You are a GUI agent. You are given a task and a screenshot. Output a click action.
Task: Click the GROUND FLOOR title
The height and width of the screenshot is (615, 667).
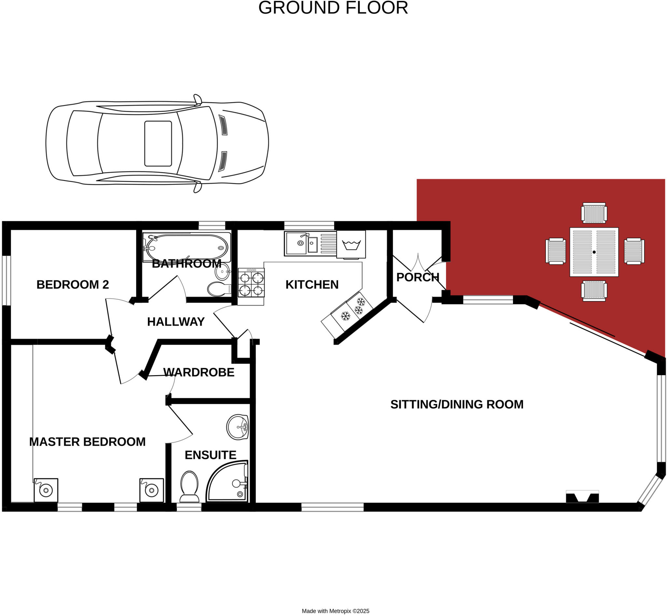tap(333, 8)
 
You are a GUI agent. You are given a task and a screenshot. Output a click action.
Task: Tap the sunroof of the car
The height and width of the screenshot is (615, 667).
tap(158, 143)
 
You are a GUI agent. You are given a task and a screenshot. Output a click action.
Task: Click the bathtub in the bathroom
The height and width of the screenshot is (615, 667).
tap(187, 248)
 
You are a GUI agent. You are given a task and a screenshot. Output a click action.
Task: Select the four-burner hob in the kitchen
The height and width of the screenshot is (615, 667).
tap(251, 283)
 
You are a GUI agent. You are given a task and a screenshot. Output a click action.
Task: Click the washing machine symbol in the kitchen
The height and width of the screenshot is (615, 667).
tap(351, 245)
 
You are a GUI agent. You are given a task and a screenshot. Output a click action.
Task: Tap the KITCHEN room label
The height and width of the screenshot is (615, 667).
tap(312, 284)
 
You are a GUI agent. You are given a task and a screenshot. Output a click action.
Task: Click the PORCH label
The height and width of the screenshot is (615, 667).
tap(418, 277)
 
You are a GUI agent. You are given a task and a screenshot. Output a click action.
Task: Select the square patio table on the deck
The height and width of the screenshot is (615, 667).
tap(594, 252)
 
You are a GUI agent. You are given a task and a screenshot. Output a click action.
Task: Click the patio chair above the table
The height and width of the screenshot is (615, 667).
tap(594, 213)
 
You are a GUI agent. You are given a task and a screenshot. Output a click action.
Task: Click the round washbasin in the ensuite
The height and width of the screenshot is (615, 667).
tap(237, 427)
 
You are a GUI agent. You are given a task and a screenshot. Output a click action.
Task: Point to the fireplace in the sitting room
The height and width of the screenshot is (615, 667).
tap(582, 498)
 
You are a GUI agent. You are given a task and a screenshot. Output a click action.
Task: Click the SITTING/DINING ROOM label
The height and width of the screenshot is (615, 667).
tap(457, 404)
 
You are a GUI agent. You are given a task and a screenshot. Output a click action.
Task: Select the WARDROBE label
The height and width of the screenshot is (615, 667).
tap(198, 372)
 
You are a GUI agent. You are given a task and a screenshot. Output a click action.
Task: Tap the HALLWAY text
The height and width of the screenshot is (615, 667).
tap(176, 321)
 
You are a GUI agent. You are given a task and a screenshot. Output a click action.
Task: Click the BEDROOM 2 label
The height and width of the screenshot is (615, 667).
tap(73, 284)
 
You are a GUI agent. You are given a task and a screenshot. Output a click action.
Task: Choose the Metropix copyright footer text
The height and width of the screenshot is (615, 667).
tap(335, 611)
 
